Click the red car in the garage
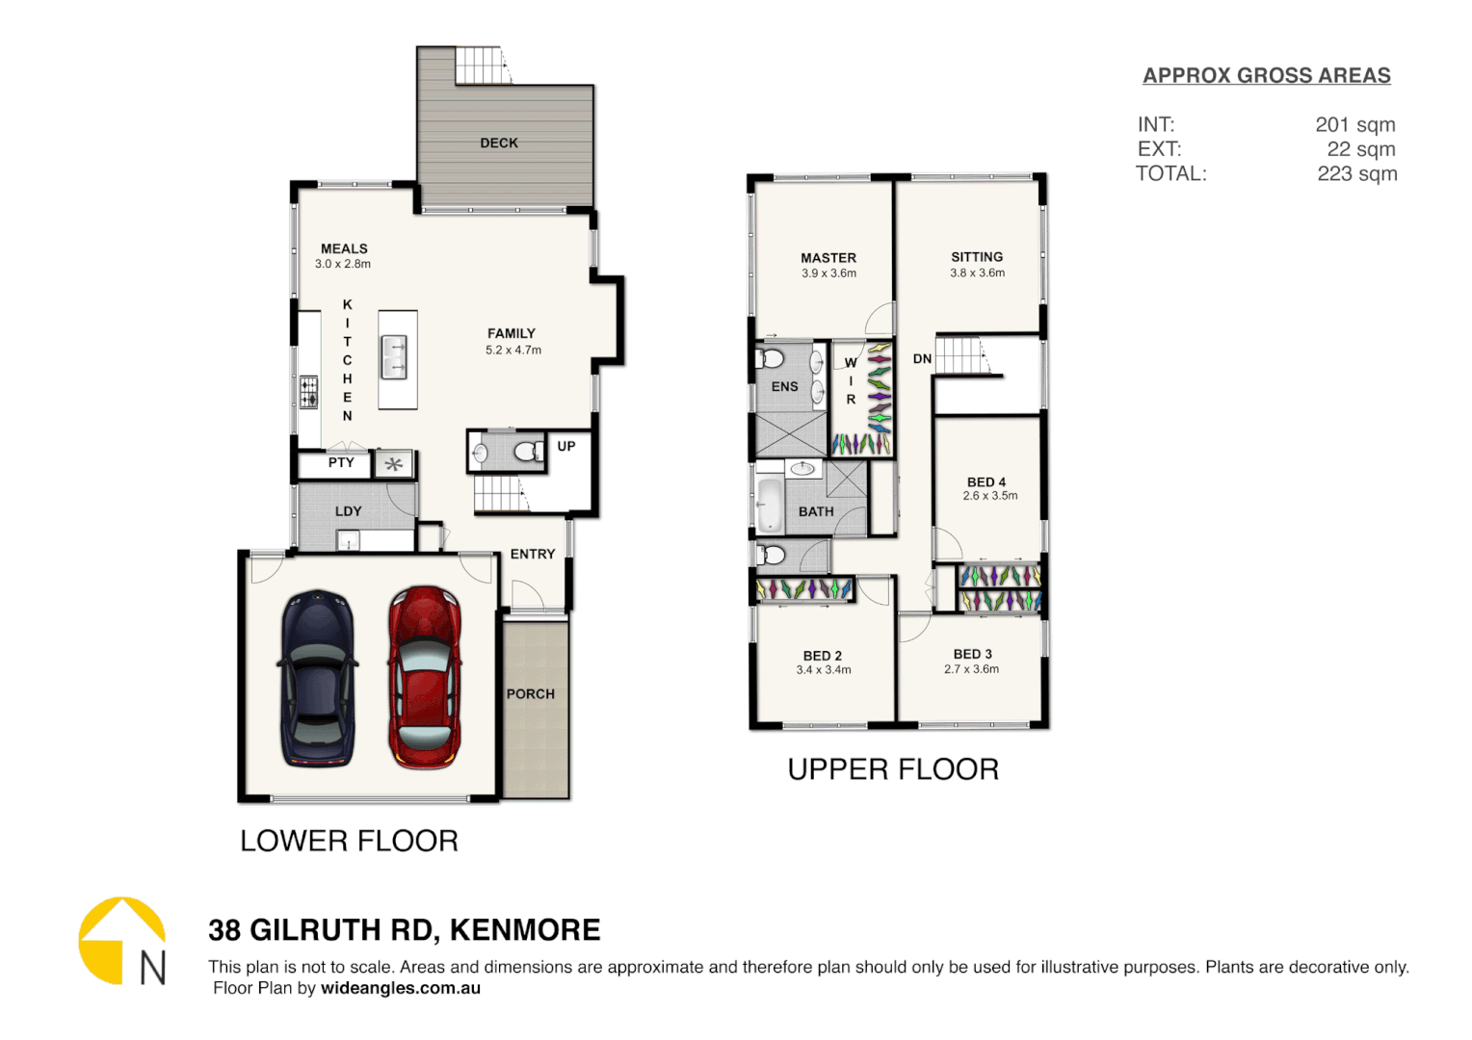click(x=424, y=677)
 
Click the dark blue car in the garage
click(x=318, y=679)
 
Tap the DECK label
click(x=499, y=143)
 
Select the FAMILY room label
click(x=512, y=333)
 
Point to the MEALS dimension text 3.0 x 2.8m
click(x=342, y=264)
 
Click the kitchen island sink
click(x=394, y=357)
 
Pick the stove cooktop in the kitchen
click(x=308, y=392)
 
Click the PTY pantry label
click(x=341, y=462)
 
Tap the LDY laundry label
click(x=348, y=511)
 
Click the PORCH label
click(x=531, y=693)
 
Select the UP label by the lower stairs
click(x=566, y=446)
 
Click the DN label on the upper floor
click(x=922, y=358)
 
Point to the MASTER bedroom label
click(x=828, y=257)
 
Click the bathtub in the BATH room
click(x=770, y=504)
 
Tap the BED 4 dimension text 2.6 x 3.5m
click(x=989, y=496)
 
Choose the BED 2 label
click(x=823, y=655)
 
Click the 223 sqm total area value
click(x=1356, y=173)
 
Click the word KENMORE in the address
click(x=525, y=930)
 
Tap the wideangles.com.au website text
click(x=400, y=988)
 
